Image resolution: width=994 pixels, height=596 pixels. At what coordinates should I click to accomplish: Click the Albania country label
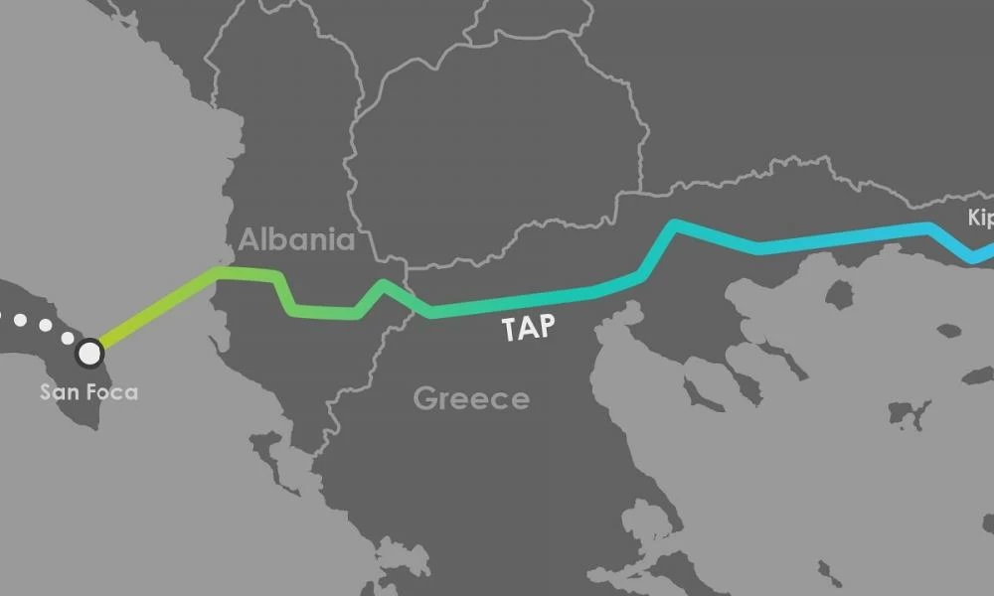(x=296, y=239)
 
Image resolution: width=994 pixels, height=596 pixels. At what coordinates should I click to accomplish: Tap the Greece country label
(x=471, y=399)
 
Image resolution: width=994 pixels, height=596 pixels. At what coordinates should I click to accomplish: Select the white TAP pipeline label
(x=528, y=329)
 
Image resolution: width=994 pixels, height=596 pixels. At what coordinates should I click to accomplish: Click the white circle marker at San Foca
(x=89, y=352)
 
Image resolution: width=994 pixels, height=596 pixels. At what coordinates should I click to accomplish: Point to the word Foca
(x=111, y=392)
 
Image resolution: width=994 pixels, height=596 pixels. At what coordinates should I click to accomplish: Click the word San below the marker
(x=58, y=392)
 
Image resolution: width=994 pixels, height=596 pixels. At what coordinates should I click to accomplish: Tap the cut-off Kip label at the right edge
(x=980, y=219)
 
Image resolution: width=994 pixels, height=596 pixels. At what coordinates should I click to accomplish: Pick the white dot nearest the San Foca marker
(x=67, y=338)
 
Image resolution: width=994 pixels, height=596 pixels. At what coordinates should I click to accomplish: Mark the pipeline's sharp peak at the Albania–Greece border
(x=385, y=285)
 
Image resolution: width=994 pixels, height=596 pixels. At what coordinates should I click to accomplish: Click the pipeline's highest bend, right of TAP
(x=675, y=224)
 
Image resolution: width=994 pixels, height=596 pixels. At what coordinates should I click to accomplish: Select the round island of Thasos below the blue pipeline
(x=839, y=294)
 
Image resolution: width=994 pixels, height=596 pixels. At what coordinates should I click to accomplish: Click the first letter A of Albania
(x=248, y=239)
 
